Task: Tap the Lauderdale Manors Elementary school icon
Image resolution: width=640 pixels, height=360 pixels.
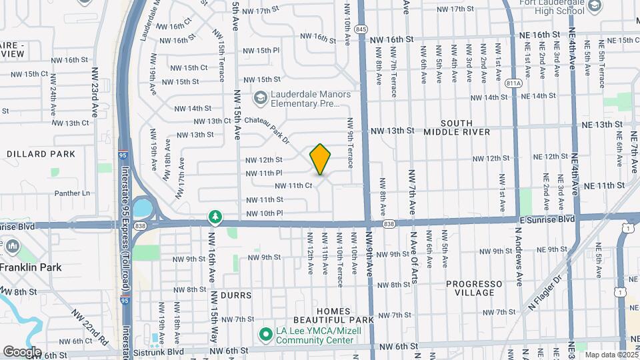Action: click(x=259, y=99)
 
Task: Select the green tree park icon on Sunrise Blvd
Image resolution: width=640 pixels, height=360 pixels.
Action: click(x=215, y=217)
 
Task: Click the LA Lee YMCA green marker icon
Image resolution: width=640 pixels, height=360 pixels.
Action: click(x=265, y=333)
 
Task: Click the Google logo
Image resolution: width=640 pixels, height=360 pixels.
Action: click(x=22, y=351)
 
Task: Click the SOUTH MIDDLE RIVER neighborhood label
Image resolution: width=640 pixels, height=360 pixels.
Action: click(x=457, y=127)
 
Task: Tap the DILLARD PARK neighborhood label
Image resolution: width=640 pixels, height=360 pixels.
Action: click(x=31, y=154)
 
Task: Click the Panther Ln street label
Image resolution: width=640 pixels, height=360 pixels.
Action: click(x=72, y=193)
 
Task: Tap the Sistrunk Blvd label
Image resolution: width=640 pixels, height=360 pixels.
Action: click(x=159, y=351)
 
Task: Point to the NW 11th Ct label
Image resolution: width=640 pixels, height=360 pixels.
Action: click(x=294, y=186)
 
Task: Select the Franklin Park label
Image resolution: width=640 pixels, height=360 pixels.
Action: click(x=31, y=267)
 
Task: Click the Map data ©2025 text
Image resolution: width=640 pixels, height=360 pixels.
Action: click(x=611, y=355)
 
